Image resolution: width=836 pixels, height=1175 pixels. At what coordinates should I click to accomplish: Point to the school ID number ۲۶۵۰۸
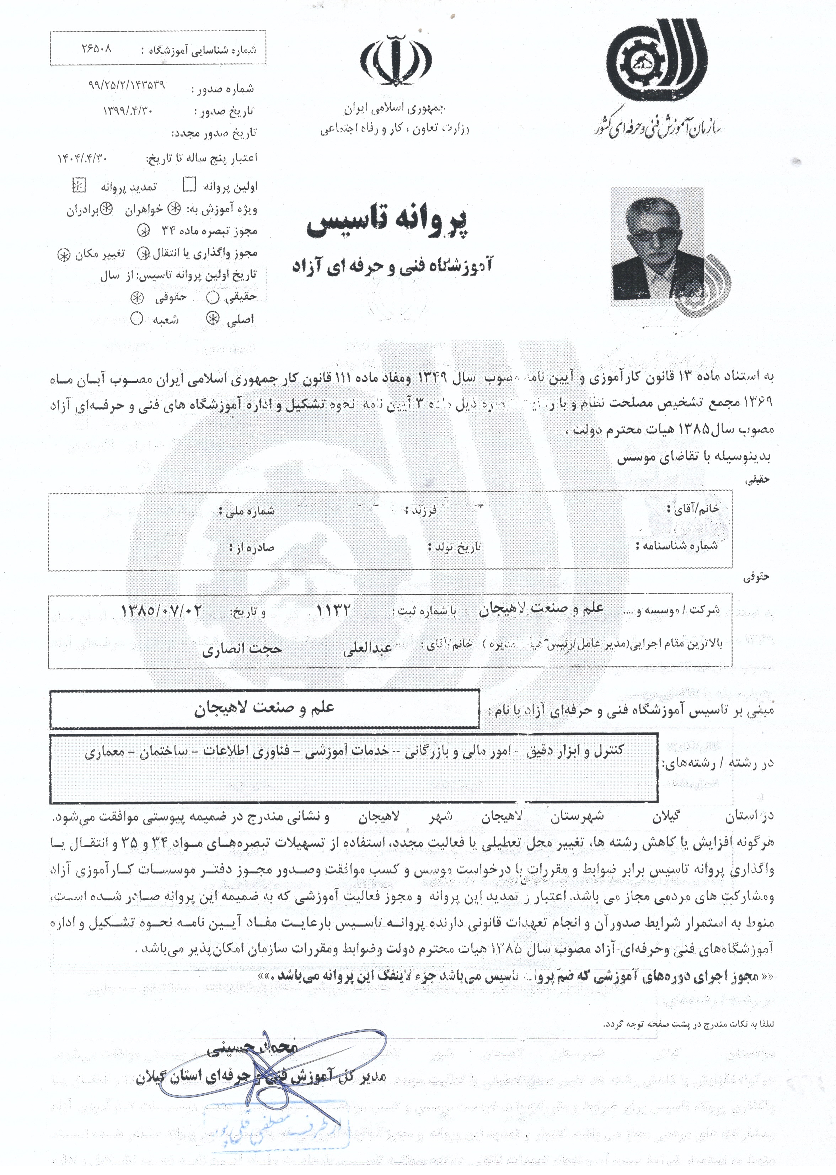(x=96, y=49)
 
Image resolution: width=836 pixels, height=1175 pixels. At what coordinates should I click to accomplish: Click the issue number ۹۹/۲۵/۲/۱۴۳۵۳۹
(x=126, y=85)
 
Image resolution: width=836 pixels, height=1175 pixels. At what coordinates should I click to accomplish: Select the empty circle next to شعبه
(x=136, y=319)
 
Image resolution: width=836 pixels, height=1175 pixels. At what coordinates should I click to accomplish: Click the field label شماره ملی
(x=247, y=511)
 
